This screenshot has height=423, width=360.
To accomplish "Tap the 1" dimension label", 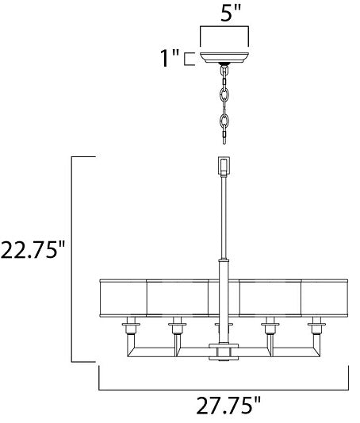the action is click(x=170, y=58).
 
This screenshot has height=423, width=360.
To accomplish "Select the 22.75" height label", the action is click(x=33, y=250).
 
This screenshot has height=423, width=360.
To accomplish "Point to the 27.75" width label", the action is click(x=228, y=406).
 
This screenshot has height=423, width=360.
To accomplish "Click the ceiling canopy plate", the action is click(x=224, y=57).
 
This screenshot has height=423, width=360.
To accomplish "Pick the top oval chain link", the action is click(x=224, y=71).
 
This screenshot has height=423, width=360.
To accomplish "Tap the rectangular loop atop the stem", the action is click(x=224, y=165).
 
